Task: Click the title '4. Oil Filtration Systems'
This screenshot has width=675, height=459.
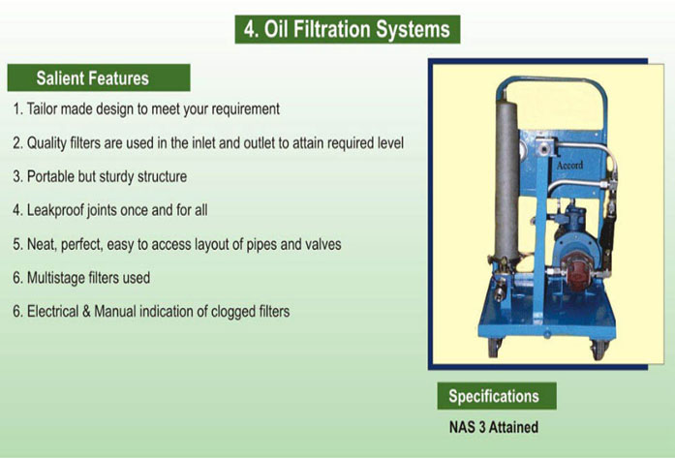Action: [x=347, y=29]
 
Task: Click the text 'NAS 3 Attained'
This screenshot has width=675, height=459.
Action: [x=494, y=427]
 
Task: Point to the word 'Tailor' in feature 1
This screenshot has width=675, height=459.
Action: [x=42, y=108]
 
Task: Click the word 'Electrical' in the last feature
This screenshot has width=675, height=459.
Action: [x=52, y=311]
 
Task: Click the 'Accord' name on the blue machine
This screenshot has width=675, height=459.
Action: [x=569, y=165]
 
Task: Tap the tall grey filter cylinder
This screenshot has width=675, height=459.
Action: [x=506, y=181]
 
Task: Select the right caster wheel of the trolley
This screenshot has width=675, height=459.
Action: [x=599, y=350]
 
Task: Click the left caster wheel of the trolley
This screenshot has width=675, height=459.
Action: [x=495, y=348]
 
